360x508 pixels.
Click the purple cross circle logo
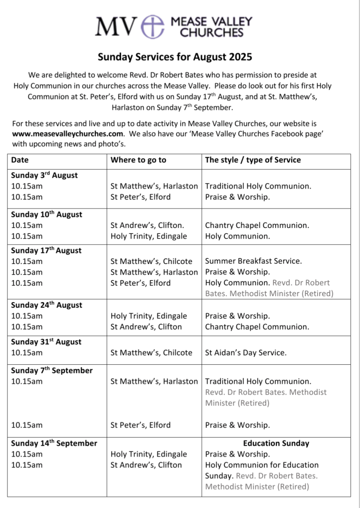[x=153, y=26]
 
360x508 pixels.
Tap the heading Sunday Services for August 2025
[x=175, y=56]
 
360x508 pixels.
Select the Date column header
[x=20, y=160]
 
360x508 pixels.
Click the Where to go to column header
[x=138, y=160]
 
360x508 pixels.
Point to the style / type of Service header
[x=253, y=160]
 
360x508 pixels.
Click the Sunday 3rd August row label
[x=44, y=175]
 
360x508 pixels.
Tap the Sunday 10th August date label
[x=47, y=214]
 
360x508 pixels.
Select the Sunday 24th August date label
[x=47, y=305]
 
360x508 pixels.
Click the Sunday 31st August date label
[x=46, y=341]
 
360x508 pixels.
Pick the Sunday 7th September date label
[x=52, y=370]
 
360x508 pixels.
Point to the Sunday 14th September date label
[x=54, y=443]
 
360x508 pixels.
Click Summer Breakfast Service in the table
[x=254, y=261]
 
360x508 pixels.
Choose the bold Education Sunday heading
[x=276, y=443]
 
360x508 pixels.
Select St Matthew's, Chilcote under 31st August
[x=151, y=353]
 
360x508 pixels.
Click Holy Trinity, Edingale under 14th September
[x=149, y=454]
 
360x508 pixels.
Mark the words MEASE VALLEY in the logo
[x=211, y=22]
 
